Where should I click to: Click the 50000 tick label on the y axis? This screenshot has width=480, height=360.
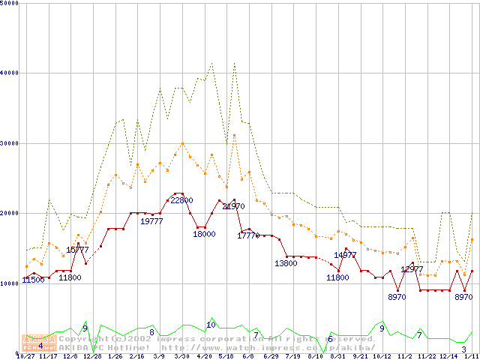10,4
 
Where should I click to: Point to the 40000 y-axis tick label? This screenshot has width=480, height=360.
10,73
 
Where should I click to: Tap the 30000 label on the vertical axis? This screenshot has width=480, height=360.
10,142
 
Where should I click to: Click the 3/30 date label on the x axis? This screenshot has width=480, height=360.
181,356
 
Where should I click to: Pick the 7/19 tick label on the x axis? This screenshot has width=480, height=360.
293,356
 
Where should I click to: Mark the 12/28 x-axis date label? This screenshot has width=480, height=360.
93,356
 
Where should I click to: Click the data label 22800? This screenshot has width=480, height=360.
182,200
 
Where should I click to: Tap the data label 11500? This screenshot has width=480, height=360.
33,280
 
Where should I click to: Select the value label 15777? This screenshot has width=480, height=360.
77,250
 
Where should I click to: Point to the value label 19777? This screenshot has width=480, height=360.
152,221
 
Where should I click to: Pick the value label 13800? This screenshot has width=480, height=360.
286,263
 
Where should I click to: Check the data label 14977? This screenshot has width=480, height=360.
345,255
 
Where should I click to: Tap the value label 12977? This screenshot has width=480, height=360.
412,268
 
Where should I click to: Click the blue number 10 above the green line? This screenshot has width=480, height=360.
211,325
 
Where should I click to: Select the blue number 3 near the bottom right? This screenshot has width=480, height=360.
463,349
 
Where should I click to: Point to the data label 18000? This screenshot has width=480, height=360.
204,234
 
